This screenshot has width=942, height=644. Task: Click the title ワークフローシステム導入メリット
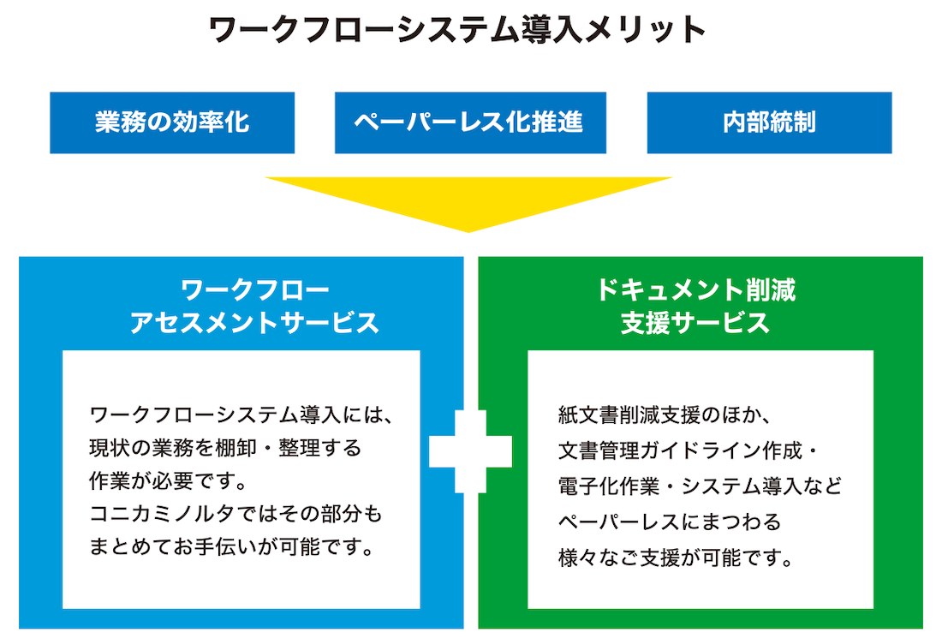[458, 31]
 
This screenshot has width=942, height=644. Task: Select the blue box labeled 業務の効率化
[172, 122]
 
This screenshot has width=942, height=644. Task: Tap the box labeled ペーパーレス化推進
[470, 122]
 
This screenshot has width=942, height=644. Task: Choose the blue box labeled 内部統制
[769, 122]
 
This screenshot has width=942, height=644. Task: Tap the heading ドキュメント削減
[696, 289]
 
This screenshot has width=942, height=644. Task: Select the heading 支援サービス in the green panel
[695, 323]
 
